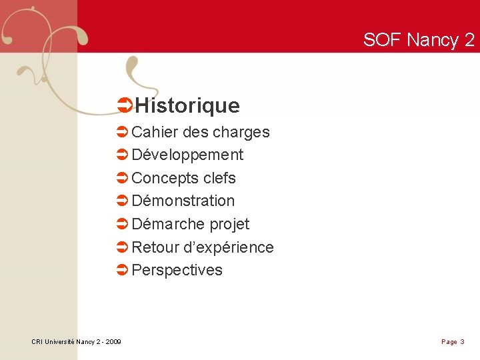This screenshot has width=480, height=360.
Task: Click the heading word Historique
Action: [x=187, y=105]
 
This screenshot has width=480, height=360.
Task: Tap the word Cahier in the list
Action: [x=154, y=132]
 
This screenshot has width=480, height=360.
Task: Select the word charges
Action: [x=243, y=132]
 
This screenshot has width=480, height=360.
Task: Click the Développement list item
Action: [x=187, y=155]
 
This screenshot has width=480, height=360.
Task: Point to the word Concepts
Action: [x=164, y=178]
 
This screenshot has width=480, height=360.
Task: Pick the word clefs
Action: [x=219, y=178]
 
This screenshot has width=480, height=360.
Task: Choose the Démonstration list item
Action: [x=183, y=201]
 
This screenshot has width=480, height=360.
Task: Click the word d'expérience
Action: [x=228, y=247]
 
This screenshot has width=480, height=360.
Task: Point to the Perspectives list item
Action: [x=177, y=270]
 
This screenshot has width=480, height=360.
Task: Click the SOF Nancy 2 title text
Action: [x=419, y=40]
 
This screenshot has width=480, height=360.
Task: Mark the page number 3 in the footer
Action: [x=462, y=342]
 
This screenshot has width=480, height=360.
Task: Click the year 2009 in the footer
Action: [x=113, y=342]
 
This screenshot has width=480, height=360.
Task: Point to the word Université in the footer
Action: [x=58, y=342]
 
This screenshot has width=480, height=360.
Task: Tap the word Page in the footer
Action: [x=449, y=342]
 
